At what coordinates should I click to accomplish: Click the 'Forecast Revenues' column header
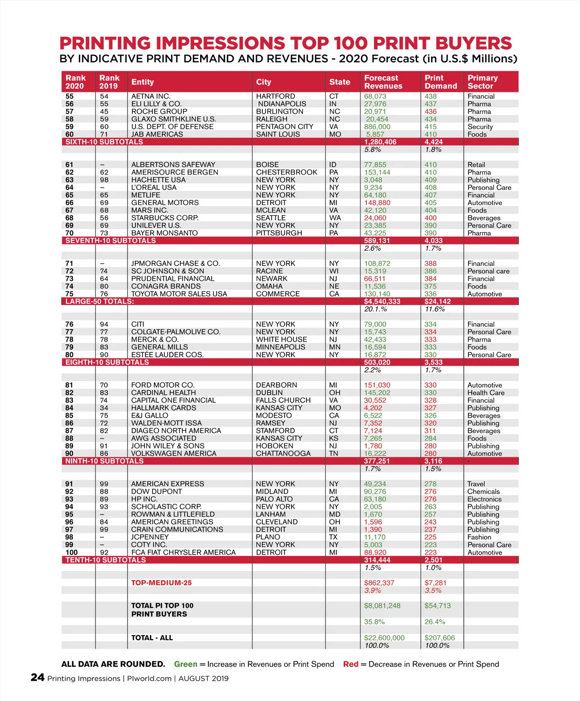pyautogui.click(x=383, y=82)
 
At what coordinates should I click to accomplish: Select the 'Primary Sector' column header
pyautogui.click(x=482, y=82)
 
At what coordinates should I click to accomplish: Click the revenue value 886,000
pyautogui.click(x=377, y=127)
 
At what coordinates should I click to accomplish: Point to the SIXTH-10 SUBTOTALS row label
pyautogui.click(x=104, y=142)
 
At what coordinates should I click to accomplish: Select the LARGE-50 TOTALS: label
pyautogui.click(x=100, y=302)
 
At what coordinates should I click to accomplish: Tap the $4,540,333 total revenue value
pyautogui.click(x=382, y=302)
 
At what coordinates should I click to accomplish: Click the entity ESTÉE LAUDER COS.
pyautogui.click(x=167, y=355)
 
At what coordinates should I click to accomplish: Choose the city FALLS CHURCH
pyautogui.click(x=283, y=400)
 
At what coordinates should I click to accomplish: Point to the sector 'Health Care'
pyautogui.click(x=486, y=393)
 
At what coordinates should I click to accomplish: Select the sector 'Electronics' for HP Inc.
pyautogui.click(x=484, y=499)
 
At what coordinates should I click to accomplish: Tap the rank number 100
pyautogui.click(x=72, y=553)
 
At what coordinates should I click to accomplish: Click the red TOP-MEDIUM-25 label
pyautogui.click(x=161, y=583)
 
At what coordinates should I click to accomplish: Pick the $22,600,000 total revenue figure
pyautogui.click(x=384, y=638)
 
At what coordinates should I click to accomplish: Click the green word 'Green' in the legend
pyautogui.click(x=186, y=664)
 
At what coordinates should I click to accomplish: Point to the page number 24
pyautogui.click(x=38, y=678)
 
